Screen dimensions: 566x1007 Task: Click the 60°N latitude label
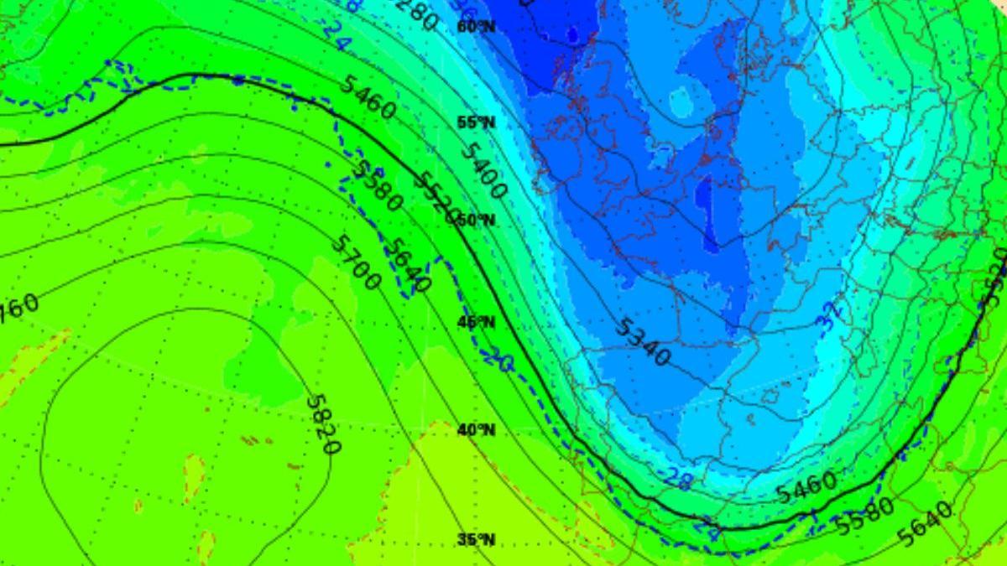click(476, 26)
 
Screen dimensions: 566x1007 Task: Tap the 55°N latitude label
click(476, 122)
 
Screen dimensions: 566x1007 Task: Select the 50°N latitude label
click(476, 220)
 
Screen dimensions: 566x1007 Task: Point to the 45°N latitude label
click(476, 322)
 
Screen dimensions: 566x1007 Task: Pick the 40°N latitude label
click(476, 430)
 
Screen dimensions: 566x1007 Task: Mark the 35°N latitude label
click(476, 539)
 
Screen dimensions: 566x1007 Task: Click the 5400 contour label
click(483, 171)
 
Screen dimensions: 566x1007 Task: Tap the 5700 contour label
click(356, 262)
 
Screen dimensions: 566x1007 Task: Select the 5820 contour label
click(323, 424)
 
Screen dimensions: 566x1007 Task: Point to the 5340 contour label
click(642, 342)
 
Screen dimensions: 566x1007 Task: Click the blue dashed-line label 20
click(497, 359)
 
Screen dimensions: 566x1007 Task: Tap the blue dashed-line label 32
click(830, 318)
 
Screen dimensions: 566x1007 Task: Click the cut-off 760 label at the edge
click(18, 304)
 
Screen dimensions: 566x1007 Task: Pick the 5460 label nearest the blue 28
click(806, 486)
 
